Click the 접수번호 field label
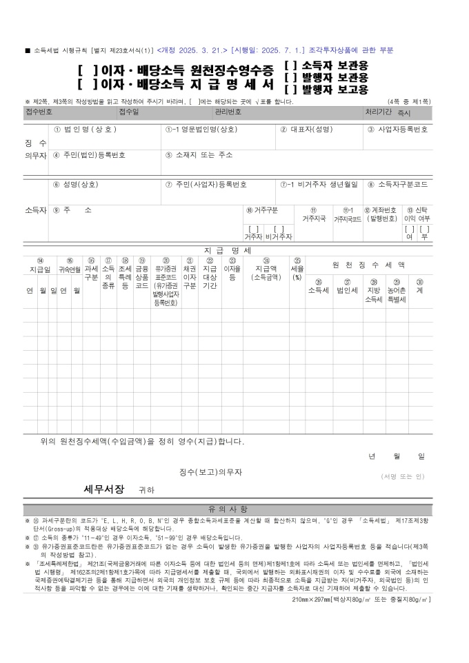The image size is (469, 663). coord(39,112)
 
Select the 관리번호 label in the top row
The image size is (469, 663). coord(228,112)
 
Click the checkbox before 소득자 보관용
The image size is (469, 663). coord(290,65)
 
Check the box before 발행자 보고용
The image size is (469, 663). coord(290,90)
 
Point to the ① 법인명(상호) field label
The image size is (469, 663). coord(85,129)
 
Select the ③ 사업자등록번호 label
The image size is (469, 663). coord(397,129)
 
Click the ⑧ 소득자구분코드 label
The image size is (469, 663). coord(397,185)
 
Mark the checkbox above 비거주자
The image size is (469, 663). coord(279,229)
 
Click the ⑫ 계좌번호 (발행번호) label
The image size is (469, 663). coord(380,214)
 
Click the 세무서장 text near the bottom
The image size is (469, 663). coord(104,489)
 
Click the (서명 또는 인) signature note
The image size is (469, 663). coord(403,476)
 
